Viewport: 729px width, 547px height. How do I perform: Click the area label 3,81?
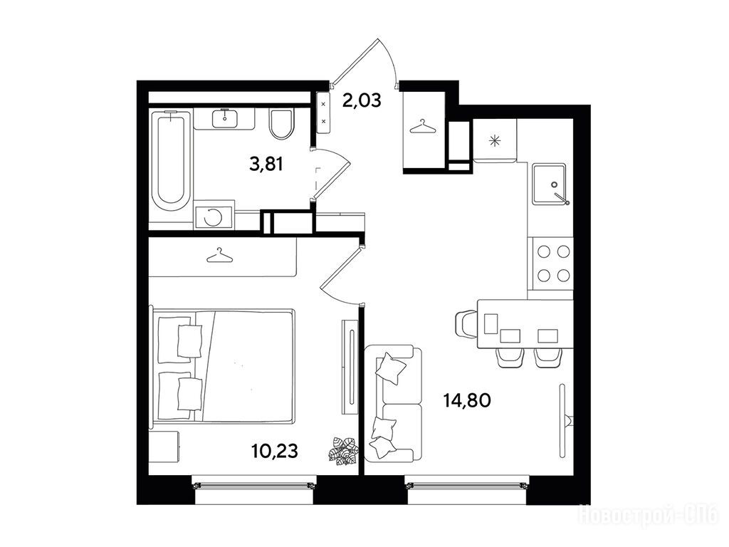coord(266,164)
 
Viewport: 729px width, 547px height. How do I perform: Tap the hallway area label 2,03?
coord(362,100)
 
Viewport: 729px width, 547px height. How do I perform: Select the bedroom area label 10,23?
coord(274,450)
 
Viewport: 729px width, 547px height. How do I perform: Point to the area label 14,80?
coord(467,400)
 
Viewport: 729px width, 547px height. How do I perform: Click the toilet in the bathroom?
coord(282,124)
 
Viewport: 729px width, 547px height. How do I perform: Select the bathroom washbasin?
coord(225,118)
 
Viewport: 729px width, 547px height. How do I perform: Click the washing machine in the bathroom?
coord(214,215)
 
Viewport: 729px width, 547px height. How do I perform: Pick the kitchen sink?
coord(550,183)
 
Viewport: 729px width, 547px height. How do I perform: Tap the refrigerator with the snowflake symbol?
coord(494,140)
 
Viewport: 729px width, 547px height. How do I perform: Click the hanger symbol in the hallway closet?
coord(423,127)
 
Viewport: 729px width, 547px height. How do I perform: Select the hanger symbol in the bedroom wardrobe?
coord(219,256)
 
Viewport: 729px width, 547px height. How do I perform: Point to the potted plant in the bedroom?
coord(342,450)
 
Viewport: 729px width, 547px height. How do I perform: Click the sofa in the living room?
coord(394,403)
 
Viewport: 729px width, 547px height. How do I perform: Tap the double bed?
coord(222,365)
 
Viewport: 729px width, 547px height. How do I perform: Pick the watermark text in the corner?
coord(648,516)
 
